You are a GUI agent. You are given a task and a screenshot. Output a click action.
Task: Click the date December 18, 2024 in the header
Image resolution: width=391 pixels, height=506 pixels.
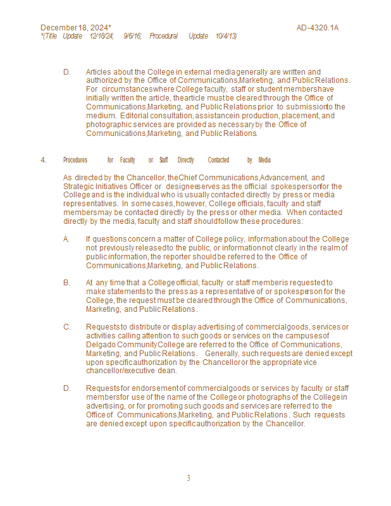click(x=75, y=28)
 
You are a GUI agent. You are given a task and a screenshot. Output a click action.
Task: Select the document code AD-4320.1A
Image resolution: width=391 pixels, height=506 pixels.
click(x=318, y=28)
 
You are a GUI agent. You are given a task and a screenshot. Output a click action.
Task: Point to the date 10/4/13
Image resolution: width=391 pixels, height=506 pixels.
click(x=226, y=36)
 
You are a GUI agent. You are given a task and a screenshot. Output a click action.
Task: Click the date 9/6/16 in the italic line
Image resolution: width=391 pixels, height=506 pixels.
click(x=132, y=36)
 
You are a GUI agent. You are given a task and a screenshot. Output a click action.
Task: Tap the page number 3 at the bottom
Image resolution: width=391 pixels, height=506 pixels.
click(x=189, y=478)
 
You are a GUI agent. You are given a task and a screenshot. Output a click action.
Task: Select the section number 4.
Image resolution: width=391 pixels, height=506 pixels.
click(x=44, y=160)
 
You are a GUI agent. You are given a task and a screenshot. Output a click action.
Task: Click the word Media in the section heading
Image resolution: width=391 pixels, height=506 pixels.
click(x=264, y=160)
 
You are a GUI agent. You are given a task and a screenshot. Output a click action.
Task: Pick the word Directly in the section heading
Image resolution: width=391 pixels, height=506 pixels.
click(x=185, y=160)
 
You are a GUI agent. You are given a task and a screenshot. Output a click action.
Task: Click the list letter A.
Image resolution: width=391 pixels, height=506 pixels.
click(x=66, y=239)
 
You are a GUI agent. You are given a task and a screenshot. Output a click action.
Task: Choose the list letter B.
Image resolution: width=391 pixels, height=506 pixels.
click(x=66, y=283)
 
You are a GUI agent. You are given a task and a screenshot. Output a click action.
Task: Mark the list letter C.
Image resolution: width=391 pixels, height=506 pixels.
click(x=66, y=327)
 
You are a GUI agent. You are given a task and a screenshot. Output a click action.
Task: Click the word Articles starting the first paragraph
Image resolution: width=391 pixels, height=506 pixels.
click(x=99, y=72)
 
